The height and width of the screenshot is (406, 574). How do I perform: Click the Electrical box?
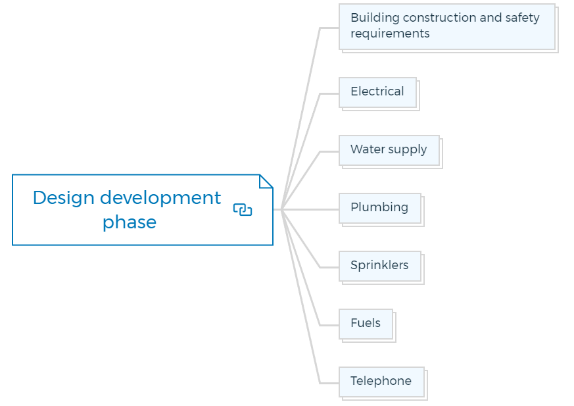(378, 92)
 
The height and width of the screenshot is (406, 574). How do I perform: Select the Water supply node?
(389, 150)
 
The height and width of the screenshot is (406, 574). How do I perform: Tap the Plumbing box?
(380, 208)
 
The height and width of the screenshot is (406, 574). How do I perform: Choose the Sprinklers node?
(380, 266)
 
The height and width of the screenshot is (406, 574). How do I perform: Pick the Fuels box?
(366, 324)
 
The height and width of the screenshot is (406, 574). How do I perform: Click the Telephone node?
(381, 382)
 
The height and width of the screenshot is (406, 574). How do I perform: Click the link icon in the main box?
(243, 210)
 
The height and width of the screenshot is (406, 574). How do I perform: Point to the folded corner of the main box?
(266, 182)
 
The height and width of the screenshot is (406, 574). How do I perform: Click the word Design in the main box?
(64, 198)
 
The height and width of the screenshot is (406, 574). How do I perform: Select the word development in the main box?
(160, 198)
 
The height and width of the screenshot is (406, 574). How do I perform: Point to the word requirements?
(391, 34)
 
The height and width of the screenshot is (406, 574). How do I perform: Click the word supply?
(408, 150)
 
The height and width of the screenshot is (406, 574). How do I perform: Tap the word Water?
(368, 149)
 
